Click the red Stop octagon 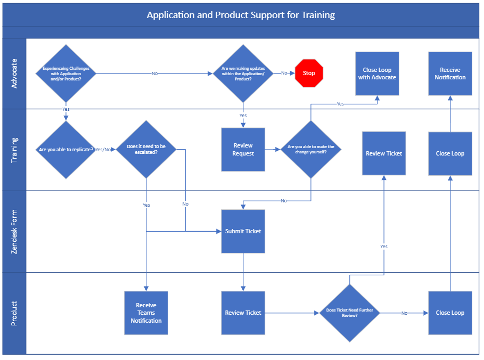coord(309,73)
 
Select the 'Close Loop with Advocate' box coord(377,73)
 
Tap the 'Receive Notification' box coord(450,73)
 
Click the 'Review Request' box coord(243,150)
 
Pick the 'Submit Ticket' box coord(243,231)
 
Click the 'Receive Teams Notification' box coord(146,313)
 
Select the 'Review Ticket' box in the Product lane coord(243,313)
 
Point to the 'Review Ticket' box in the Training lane coord(384,153)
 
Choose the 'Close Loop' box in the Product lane coord(450,313)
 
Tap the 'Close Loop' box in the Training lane coord(450,153)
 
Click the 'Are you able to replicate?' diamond coord(65,150)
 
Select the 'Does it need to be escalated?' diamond coord(146,150)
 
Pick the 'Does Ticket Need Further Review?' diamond coord(349,313)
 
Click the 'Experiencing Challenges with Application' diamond coord(65,73)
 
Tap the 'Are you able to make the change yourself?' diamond coord(311,150)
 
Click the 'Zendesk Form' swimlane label coord(14,232)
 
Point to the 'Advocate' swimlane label coord(14,73)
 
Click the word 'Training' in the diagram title coord(318,15)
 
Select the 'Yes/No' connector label coord(103,150)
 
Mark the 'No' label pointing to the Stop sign coord(284,73)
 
